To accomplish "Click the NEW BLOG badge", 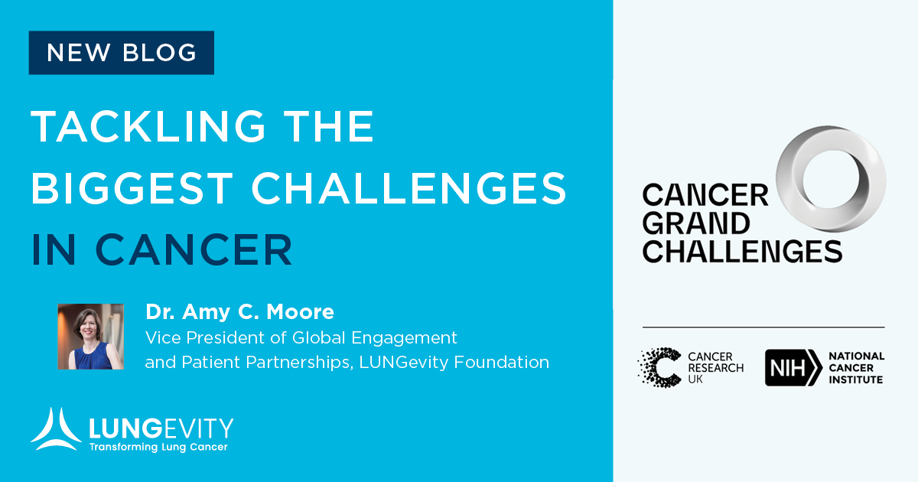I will (x=121, y=53).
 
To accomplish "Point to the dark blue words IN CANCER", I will (x=161, y=249).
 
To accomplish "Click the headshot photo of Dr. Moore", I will (x=90, y=337).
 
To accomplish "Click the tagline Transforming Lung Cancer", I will (x=158, y=447).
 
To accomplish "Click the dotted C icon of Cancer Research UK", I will (x=659, y=367).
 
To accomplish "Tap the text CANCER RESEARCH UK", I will (x=715, y=368).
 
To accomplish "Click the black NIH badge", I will (x=793, y=367).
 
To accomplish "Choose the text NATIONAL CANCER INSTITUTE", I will (x=856, y=367).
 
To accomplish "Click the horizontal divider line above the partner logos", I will (x=763, y=327).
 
